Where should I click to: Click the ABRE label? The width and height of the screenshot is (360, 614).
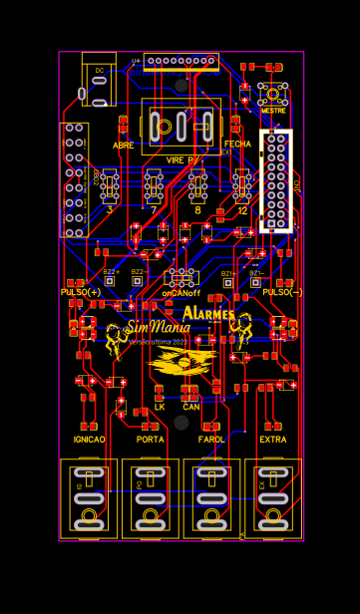pos(123,146)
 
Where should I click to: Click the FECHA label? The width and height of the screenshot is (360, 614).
pos(238,144)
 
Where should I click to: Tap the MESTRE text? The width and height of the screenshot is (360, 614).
pos(272,111)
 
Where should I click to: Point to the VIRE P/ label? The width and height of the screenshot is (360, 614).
pos(181,159)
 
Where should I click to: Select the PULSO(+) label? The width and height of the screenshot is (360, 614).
pos(81,292)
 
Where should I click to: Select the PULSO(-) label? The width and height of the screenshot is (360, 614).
pos(282,292)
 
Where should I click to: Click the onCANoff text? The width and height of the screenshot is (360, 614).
pos(181,294)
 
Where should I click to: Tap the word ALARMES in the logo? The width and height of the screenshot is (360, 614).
pos(208,314)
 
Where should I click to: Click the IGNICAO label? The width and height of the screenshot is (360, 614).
pos(89,439)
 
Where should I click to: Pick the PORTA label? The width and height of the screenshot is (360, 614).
pos(151,439)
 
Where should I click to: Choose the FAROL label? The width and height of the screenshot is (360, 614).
pos(211,439)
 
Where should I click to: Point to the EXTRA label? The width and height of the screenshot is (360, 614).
pos(273,439)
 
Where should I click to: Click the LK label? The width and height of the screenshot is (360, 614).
pos(160,407)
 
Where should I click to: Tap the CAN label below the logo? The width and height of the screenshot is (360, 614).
pos(190,407)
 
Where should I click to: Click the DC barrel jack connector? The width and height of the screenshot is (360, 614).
pos(99,80)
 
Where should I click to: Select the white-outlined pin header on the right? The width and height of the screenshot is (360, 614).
pos(276,180)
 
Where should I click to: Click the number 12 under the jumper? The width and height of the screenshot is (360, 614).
pos(242,210)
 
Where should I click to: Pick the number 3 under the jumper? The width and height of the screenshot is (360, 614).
pos(110,210)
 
